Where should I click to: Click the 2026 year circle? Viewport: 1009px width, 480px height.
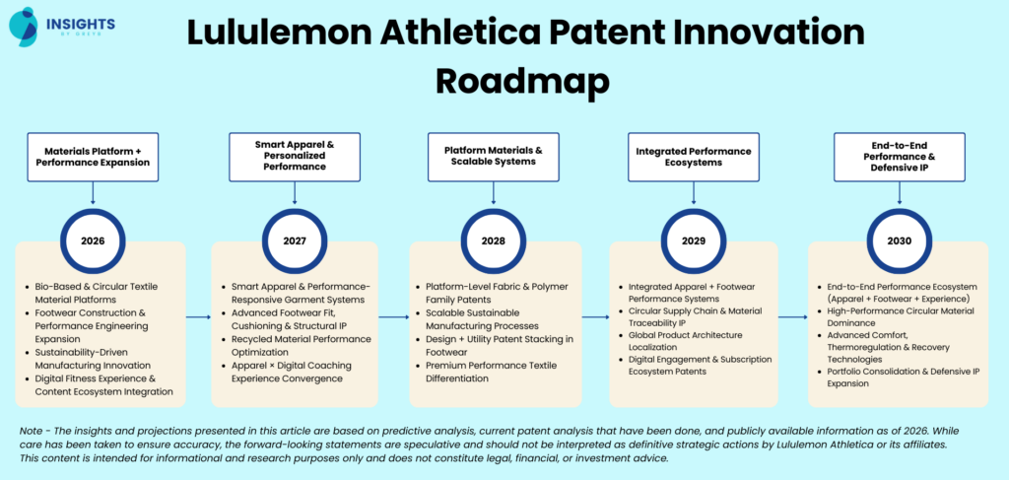coord(94,240)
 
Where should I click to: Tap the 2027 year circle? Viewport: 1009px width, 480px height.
coord(294,240)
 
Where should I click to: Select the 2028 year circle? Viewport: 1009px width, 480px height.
coord(494,240)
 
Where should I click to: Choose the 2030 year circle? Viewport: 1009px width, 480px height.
coord(899,240)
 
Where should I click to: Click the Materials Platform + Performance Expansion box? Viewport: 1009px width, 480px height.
coord(93,156)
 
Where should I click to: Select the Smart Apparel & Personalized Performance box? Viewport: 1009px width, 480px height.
coord(294,156)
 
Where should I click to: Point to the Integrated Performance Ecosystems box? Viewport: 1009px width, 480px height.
coord(694,157)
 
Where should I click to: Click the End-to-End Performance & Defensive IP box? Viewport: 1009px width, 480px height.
coord(899,157)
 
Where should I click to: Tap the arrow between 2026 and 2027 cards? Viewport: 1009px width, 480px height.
coord(198,316)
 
